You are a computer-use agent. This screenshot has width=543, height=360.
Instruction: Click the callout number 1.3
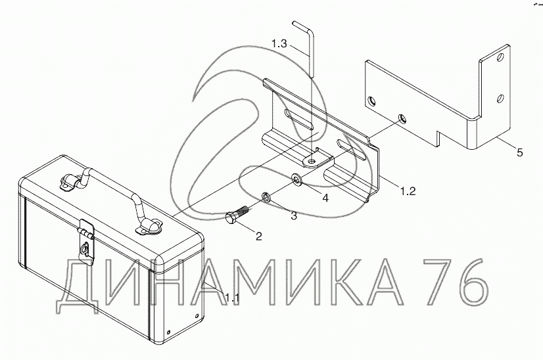point(279,44)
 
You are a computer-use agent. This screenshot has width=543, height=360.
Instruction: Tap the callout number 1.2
point(408,191)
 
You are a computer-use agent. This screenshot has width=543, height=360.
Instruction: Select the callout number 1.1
point(232,298)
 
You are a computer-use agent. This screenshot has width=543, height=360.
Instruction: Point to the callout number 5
point(519,152)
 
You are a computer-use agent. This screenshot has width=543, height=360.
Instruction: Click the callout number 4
point(325,198)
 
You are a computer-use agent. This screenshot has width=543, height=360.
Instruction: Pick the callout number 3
point(294,215)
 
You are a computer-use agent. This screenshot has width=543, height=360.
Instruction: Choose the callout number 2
point(259,236)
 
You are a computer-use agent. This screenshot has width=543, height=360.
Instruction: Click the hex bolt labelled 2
point(237,215)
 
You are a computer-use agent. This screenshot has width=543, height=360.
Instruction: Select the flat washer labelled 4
point(296,179)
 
